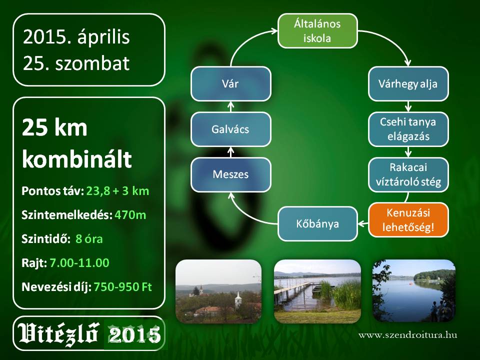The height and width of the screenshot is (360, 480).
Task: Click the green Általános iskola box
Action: pos(317,31)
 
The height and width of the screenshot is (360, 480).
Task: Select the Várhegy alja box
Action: pos(408,84)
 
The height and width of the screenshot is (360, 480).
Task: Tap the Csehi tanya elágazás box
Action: pos(408,129)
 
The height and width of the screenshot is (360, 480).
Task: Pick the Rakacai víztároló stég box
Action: pos(408,175)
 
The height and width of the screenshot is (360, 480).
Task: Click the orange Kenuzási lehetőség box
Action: pos(408,220)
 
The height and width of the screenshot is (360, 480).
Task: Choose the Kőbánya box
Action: pos(317,224)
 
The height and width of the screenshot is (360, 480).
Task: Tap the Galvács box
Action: pos(231,129)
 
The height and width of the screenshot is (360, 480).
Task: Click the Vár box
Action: pos(231,84)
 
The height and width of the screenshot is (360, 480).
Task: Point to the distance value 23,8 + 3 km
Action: pos(117,191)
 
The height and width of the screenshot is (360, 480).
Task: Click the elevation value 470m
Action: pos(130,215)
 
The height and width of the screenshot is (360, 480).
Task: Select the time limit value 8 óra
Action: pos(89,239)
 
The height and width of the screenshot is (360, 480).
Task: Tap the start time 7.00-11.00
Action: pos(79,263)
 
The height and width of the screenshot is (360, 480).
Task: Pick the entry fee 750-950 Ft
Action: pos(122,287)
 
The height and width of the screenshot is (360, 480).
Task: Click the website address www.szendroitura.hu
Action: pos(408,335)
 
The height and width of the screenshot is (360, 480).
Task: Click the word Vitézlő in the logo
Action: pos(58,333)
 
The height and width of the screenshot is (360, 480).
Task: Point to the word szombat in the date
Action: pos(92,63)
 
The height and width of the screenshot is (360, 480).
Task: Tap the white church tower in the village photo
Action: pos(238,299)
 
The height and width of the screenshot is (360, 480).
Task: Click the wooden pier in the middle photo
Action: pos(294,291)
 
